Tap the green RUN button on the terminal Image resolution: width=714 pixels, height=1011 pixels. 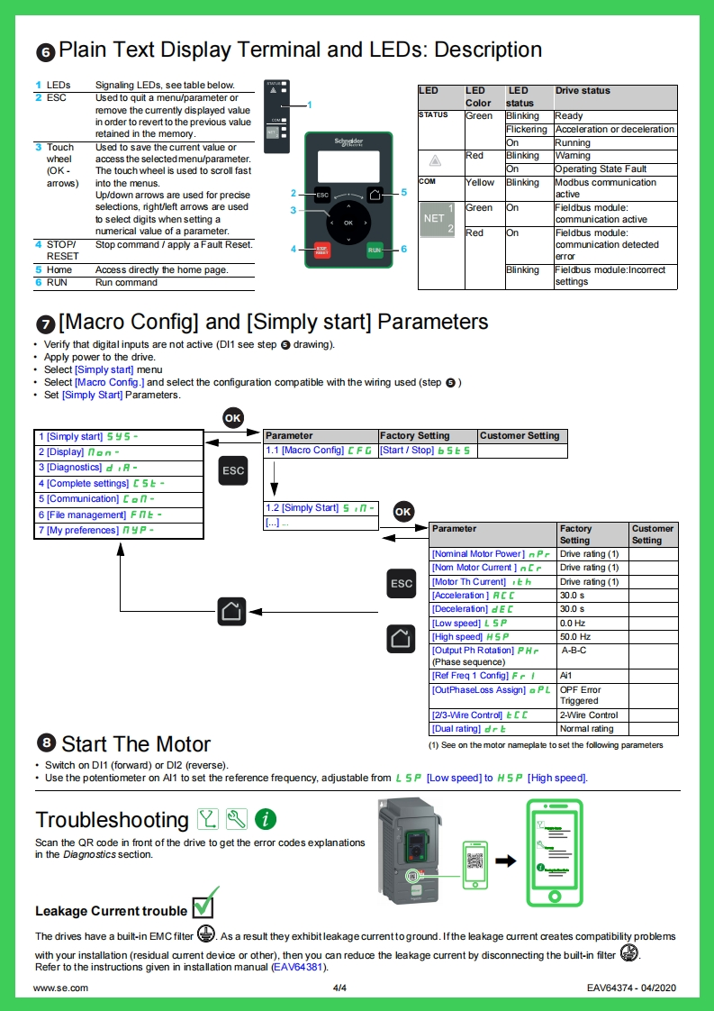click(375, 250)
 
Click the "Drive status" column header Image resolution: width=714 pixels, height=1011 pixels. click(615, 96)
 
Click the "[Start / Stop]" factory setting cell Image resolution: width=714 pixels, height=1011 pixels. click(427, 451)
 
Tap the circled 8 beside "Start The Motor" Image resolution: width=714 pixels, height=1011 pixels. click(46, 742)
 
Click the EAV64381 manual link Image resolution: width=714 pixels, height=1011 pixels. click(298, 967)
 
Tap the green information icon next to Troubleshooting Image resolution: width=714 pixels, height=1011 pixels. click(266, 819)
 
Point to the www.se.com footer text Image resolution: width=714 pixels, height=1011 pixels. click(60, 988)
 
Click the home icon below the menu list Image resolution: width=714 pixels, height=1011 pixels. click(231, 611)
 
